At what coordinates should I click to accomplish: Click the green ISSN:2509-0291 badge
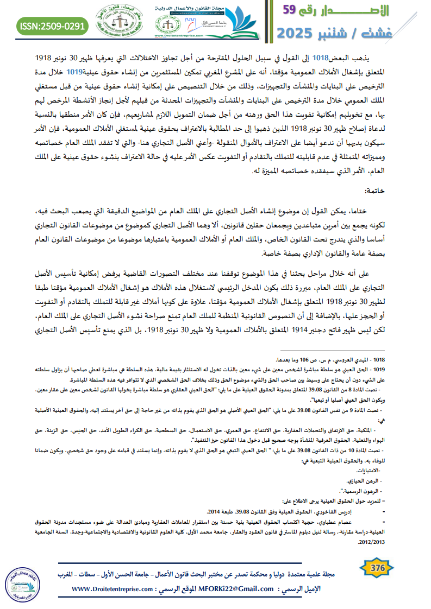[x=53, y=26]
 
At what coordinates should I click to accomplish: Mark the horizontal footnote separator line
[x=343, y=352]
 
